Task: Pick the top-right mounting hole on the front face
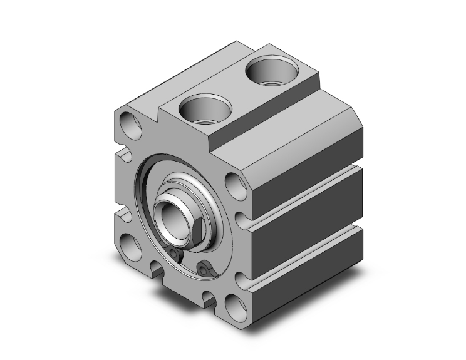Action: tap(234, 184)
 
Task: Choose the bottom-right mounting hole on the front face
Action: tap(234, 305)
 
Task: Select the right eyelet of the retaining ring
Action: tap(202, 269)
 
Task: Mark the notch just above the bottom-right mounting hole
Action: tap(241, 276)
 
